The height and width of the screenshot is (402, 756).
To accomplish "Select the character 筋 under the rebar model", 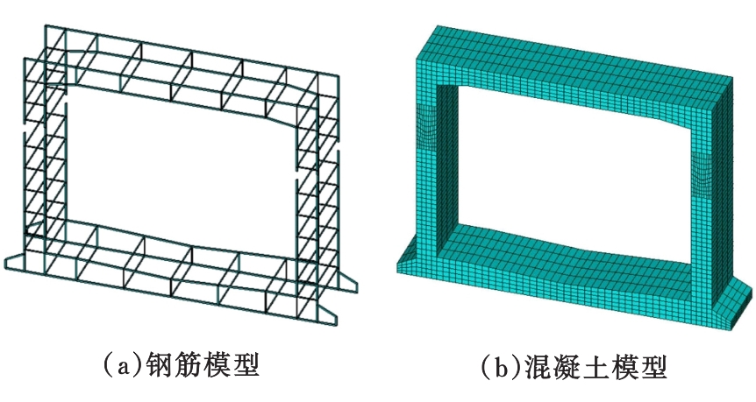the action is (x=186, y=366).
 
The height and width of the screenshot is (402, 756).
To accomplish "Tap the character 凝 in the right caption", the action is (x=564, y=367).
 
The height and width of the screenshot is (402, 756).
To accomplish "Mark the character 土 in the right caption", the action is (x=594, y=367).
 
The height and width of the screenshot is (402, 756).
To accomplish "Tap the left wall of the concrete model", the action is (x=428, y=159).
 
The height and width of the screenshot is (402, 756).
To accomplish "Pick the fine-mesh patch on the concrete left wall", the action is (x=427, y=128).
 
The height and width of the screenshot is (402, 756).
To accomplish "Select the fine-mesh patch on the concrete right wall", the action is (x=701, y=176).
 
